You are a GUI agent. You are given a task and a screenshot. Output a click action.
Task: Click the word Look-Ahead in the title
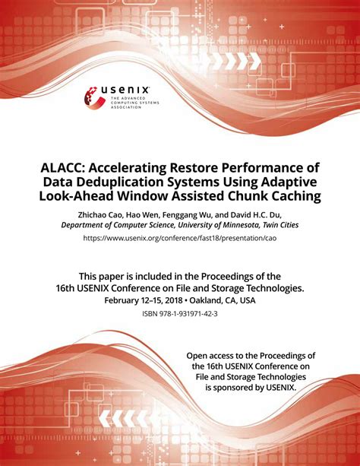coord(93,197)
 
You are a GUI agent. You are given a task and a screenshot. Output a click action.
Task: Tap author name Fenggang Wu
coord(188,214)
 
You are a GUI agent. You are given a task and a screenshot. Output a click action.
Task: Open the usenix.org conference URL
coord(180,239)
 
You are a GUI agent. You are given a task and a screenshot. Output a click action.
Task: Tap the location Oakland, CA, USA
coord(223,300)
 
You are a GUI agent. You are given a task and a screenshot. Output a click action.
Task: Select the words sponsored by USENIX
coord(261,386)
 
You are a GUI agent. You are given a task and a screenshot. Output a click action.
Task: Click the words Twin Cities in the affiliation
coord(277,225)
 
